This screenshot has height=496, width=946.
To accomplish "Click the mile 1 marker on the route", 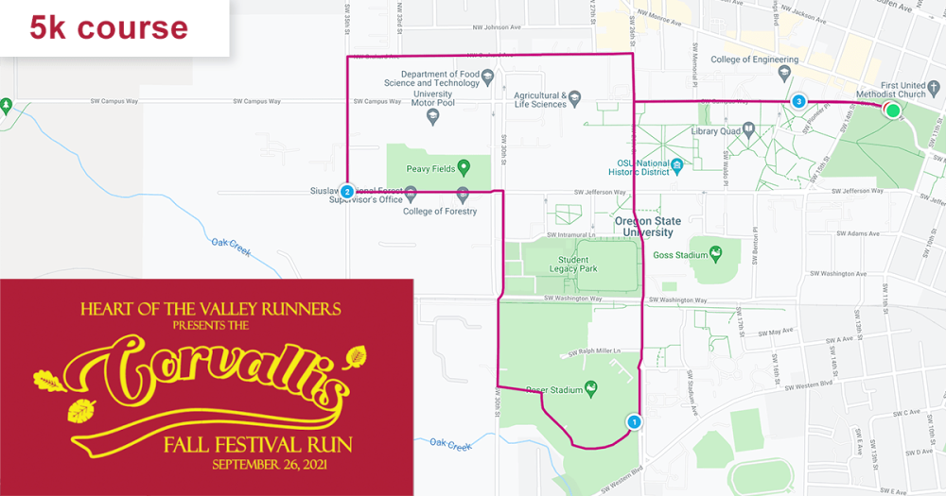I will (634, 422).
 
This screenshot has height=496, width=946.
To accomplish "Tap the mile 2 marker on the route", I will (348, 192).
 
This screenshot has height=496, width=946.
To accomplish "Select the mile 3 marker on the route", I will (799, 101).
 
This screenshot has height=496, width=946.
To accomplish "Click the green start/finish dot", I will (892, 111).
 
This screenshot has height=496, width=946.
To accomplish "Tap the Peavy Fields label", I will (425, 169).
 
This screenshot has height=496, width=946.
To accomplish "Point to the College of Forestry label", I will (440, 211).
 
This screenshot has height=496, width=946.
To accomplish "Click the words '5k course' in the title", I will (109, 27).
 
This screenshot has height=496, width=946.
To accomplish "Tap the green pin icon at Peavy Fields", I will (464, 169).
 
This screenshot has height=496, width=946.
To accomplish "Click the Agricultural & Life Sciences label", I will (540, 99).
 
